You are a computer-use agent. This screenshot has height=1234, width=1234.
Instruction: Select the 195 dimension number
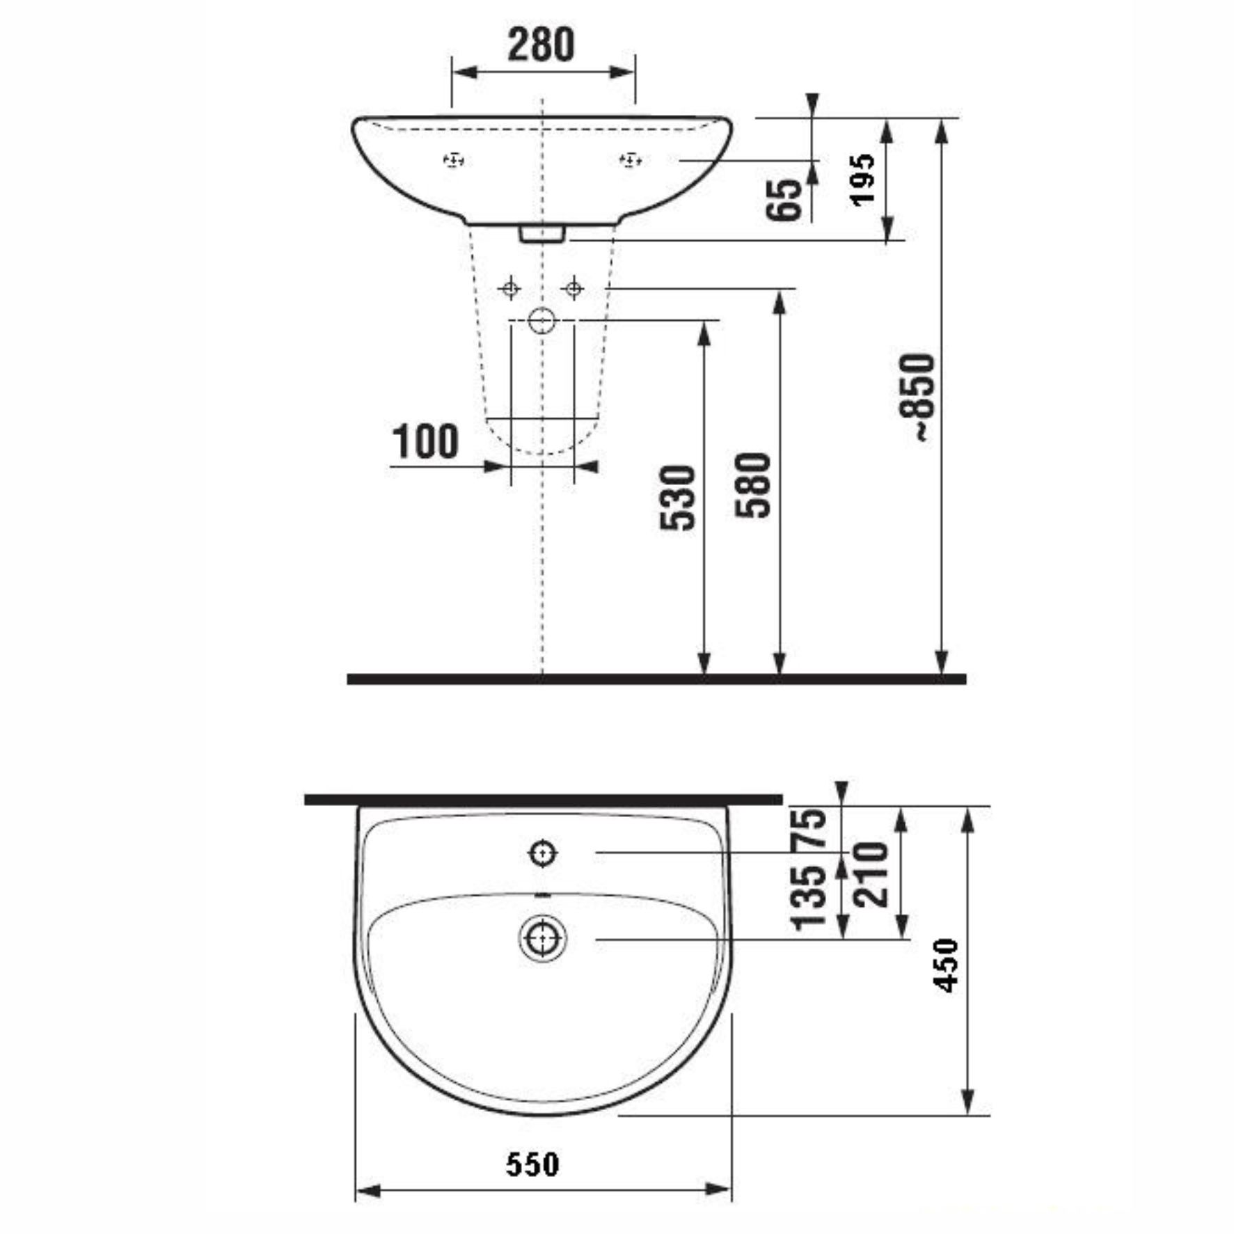point(862,179)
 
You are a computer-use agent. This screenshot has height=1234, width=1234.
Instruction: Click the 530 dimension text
point(678,498)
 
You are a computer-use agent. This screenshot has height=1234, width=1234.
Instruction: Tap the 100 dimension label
point(426,441)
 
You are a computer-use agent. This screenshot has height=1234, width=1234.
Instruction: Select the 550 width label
point(532,1164)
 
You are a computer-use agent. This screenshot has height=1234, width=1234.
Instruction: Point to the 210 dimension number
point(871,874)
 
